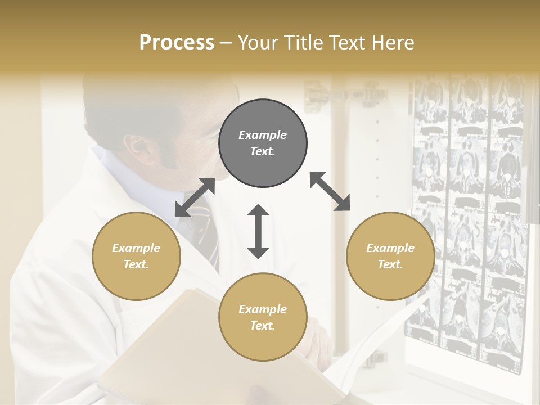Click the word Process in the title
point(177,43)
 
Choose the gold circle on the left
point(136,256)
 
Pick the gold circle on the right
point(390,256)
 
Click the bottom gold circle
point(263,317)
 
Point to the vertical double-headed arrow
point(258,231)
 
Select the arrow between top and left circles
point(195,197)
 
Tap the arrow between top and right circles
point(330,191)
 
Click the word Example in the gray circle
point(263,135)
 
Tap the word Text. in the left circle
point(136,264)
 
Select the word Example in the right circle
point(390,248)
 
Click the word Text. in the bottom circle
point(263,326)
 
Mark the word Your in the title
point(257,43)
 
